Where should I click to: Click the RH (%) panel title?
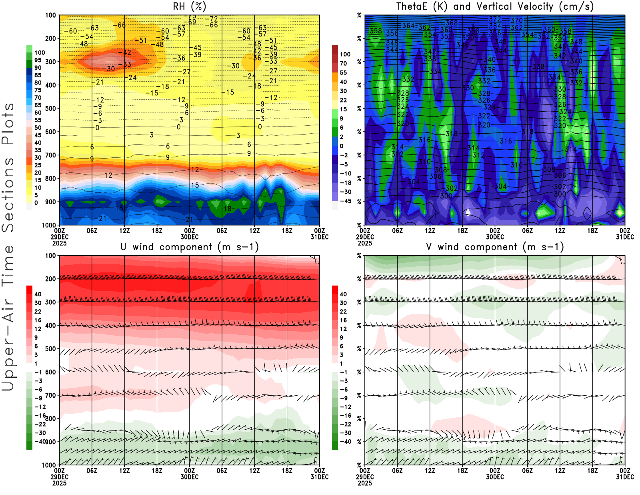pos(190,6)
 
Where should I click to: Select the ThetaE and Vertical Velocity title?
pos(495,6)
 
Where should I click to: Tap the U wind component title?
pos(190,247)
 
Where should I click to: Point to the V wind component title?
pos(495,247)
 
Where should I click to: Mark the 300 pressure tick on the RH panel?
pos(51,62)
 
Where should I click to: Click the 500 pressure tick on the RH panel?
pos(51,108)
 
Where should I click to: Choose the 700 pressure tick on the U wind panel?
pos(51,395)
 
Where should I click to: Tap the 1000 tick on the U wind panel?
pos(49,465)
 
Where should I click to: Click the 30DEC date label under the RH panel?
pos(190,237)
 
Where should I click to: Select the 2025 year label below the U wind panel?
pos(59,483)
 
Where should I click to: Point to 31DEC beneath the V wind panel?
pos(625,477)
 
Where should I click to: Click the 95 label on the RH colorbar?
pos(38,60)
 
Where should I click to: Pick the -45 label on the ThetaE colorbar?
pos(345,201)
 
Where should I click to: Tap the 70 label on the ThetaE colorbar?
pos(343,63)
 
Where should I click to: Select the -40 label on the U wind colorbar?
pos(40,441)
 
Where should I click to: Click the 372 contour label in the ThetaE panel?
pos(495,19)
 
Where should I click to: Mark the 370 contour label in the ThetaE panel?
pos(516,20)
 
